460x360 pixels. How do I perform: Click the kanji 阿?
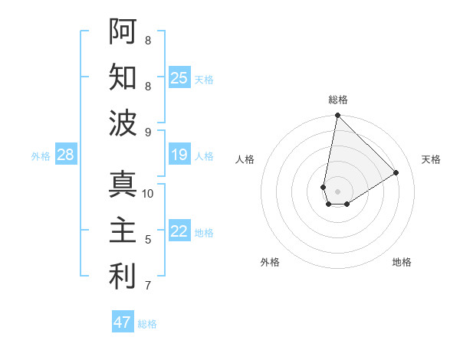123,31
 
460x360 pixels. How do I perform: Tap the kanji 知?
123,77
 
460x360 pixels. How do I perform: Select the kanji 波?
123,123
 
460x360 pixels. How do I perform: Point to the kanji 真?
123,185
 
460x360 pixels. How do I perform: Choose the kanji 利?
123,277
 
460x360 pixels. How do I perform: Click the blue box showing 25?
179,77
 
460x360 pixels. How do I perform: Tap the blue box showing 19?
179,155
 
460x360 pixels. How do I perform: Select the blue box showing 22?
179,232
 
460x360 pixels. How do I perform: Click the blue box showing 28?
65,155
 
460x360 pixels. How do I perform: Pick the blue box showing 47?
122,322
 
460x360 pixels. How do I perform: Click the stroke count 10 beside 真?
148,193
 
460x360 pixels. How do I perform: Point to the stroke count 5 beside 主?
148,240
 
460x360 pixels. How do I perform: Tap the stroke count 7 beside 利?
148,286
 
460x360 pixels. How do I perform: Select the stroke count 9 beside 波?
148,132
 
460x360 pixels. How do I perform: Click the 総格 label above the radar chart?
337,100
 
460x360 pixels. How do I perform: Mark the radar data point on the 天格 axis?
396,173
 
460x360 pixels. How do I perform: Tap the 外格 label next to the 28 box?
41,156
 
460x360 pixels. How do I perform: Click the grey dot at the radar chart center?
337,190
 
